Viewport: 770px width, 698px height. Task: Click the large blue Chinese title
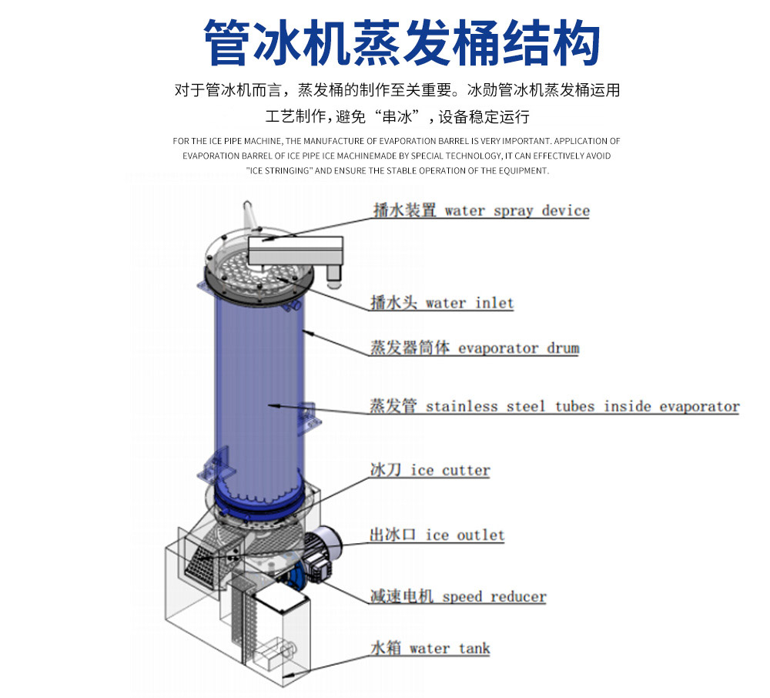coord(402,42)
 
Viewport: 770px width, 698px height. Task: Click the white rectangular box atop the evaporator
coord(296,250)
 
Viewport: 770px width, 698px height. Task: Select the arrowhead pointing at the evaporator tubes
coord(275,406)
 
